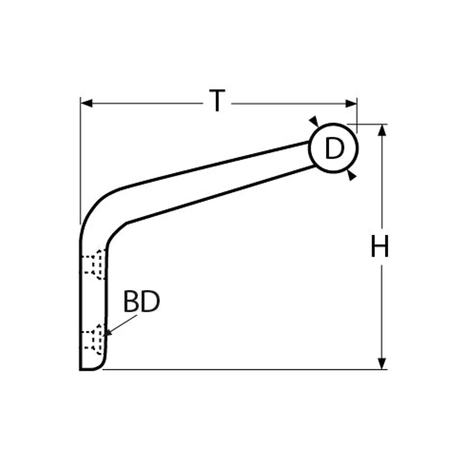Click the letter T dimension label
tap(217, 100)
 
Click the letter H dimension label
tap(380, 246)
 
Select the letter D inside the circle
tap(335, 148)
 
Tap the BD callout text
tap(142, 302)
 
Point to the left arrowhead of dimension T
tap(86, 104)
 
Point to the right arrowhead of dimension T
tap(351, 104)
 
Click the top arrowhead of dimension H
tap(382, 130)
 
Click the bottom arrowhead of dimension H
tap(382, 364)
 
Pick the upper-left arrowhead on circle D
tap(314, 121)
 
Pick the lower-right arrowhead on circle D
tap(351, 175)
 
